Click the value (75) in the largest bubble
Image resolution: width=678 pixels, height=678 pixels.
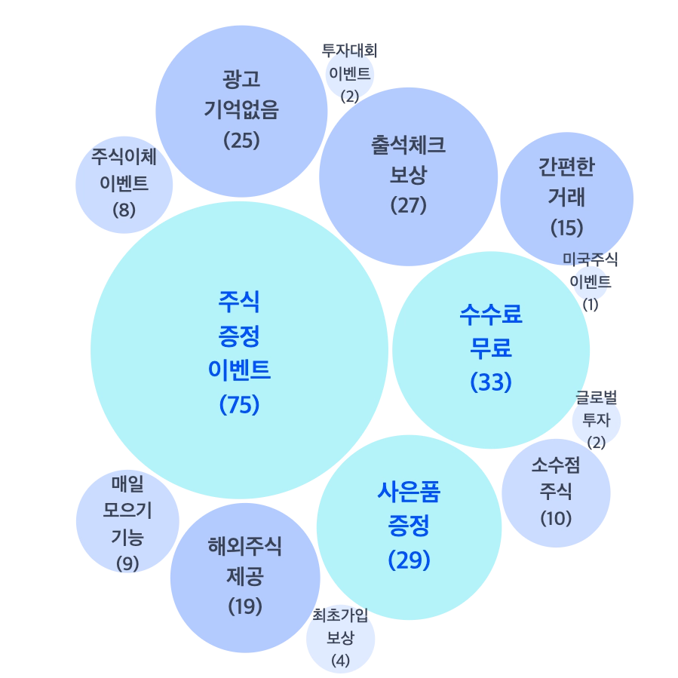(x=239, y=405)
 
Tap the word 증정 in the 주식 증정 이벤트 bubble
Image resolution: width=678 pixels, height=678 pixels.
(x=239, y=336)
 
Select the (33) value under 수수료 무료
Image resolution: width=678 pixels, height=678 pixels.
(x=491, y=382)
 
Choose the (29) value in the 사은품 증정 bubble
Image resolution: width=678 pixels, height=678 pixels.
(x=409, y=560)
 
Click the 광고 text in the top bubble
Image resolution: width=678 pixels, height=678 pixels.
(x=241, y=78)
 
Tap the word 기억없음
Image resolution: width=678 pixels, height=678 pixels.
(x=241, y=109)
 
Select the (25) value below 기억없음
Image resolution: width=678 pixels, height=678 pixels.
(x=241, y=140)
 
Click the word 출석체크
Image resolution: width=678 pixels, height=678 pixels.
(x=409, y=145)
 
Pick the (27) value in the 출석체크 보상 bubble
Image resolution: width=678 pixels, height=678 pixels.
(x=409, y=205)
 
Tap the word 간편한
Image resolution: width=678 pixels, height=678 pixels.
(x=566, y=167)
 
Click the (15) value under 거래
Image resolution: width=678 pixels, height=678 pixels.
(x=566, y=227)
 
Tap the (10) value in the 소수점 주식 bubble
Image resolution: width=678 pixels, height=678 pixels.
(x=557, y=519)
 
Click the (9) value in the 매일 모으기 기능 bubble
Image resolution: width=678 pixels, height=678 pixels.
(x=127, y=563)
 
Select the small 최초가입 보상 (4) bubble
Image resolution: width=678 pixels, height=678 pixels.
(x=341, y=638)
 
